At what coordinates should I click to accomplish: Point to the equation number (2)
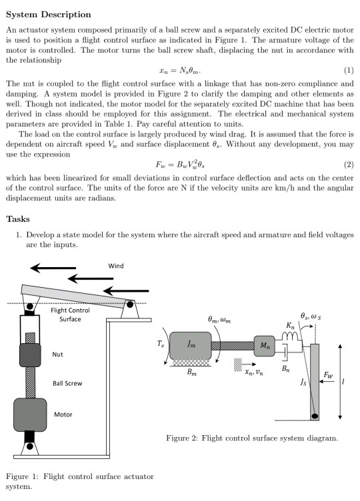pyautogui.click(x=347, y=164)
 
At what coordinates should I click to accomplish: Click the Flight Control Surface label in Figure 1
pyautogui.click(x=70, y=314)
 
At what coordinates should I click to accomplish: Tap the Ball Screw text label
pyautogui.click(x=67, y=384)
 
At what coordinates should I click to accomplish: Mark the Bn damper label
pyautogui.click(x=285, y=367)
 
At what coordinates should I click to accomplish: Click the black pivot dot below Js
pyautogui.click(x=314, y=416)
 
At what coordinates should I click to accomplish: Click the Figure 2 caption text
pyautogui.click(x=251, y=438)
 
